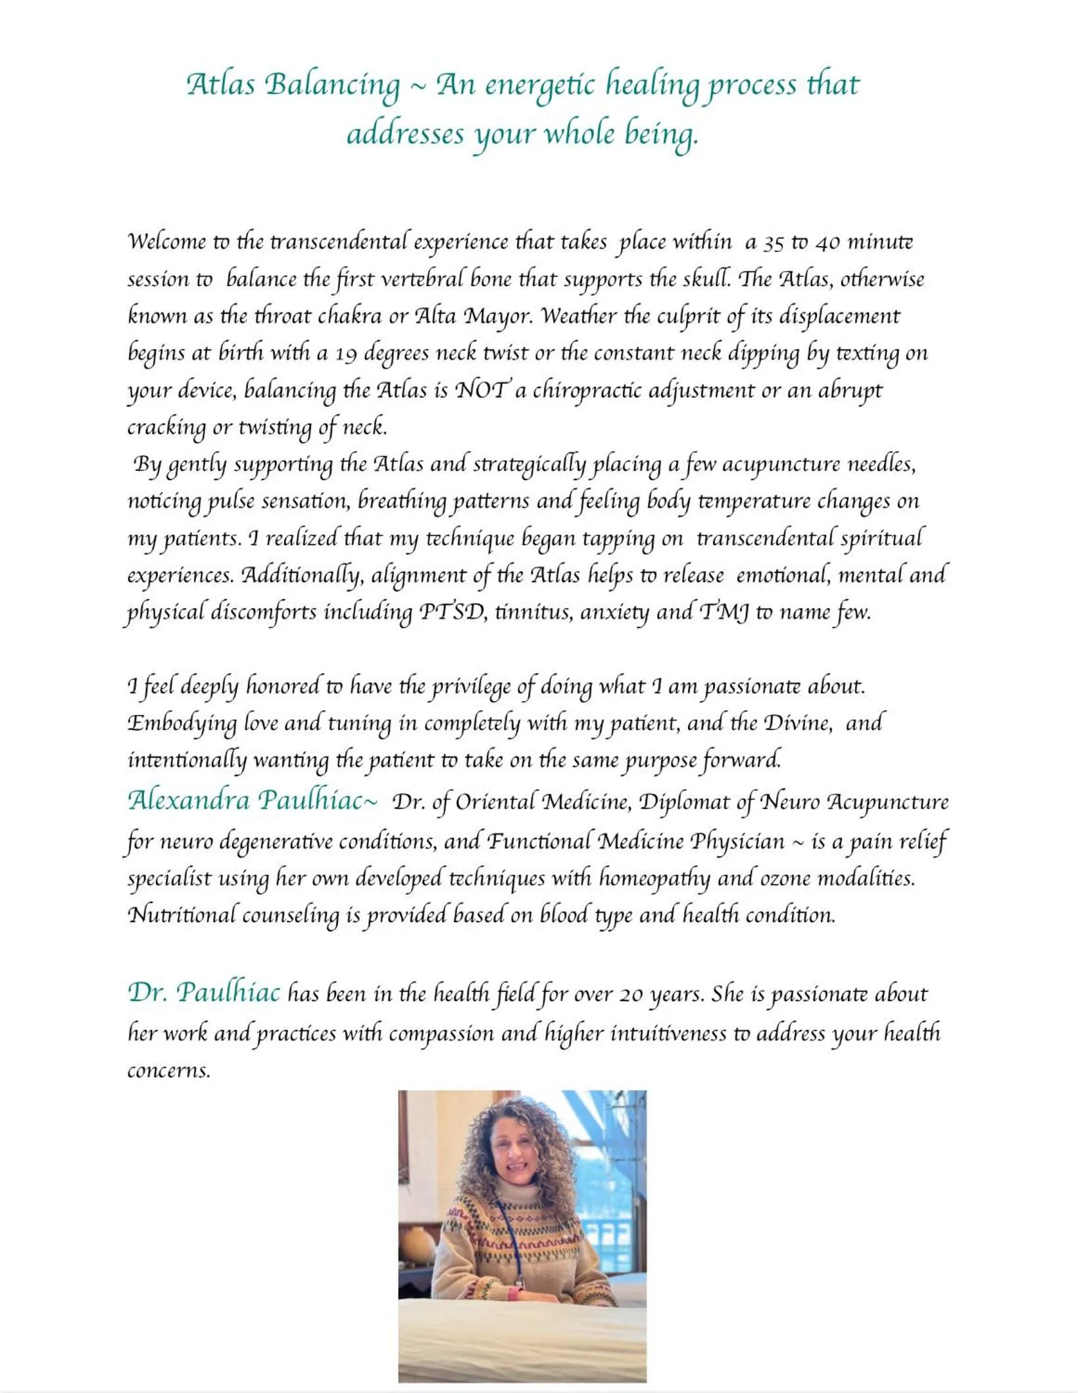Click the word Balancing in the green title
coord(332,86)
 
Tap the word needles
coord(880,465)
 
